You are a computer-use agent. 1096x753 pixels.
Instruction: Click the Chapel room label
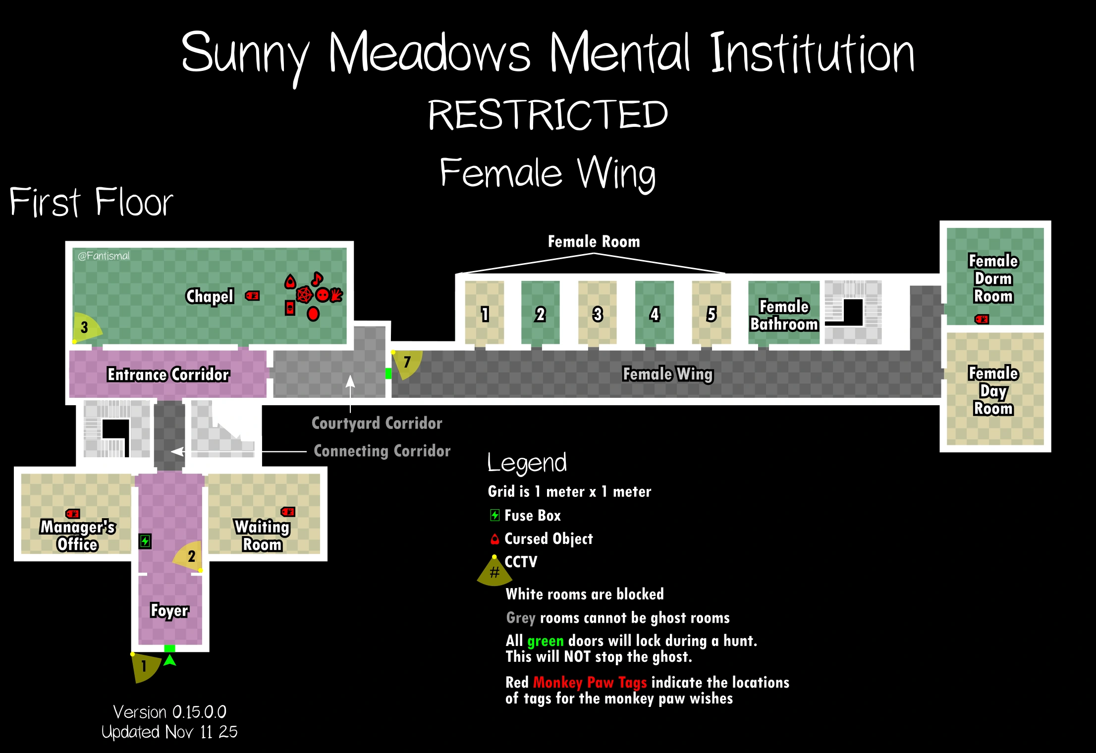(x=210, y=296)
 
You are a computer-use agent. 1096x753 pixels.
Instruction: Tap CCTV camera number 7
(x=407, y=363)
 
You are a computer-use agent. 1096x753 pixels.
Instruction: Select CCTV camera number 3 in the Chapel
(x=85, y=327)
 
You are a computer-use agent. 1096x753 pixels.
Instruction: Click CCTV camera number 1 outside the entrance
(x=144, y=666)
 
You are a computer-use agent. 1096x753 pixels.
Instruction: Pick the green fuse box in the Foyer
(x=145, y=541)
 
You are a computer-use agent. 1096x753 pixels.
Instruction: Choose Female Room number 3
(x=598, y=314)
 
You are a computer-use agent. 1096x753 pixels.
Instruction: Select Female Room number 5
(x=712, y=314)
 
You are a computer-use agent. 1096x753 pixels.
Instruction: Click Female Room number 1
(x=485, y=314)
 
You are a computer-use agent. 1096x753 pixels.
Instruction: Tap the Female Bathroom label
(x=784, y=315)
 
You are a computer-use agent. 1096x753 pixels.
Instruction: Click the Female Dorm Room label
(x=993, y=278)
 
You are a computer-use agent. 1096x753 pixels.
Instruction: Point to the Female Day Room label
(x=993, y=391)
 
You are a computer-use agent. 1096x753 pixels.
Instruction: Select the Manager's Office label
(x=78, y=536)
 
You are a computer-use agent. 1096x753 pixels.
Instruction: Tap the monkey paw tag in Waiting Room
(x=288, y=512)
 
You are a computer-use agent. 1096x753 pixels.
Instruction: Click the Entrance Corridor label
(x=168, y=375)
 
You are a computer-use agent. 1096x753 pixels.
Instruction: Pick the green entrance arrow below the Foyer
(x=170, y=660)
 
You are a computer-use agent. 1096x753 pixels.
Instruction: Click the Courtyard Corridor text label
(x=377, y=423)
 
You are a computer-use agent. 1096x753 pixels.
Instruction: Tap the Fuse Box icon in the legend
(x=494, y=515)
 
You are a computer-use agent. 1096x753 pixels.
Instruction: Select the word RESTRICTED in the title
(x=548, y=115)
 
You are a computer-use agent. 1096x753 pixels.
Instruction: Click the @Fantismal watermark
(x=104, y=256)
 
